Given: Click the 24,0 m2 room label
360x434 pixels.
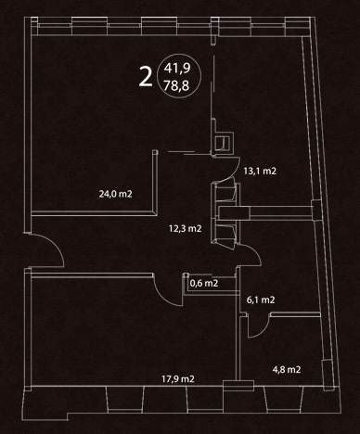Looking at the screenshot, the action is click(x=115, y=194).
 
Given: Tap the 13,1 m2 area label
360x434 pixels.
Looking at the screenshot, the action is click(x=260, y=171).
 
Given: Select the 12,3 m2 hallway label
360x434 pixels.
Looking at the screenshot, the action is click(x=186, y=229).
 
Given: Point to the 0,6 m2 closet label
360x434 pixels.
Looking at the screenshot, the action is click(x=204, y=283).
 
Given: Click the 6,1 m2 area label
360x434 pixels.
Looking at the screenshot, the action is click(x=261, y=300).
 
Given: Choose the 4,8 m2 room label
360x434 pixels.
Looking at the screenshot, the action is click(x=287, y=370).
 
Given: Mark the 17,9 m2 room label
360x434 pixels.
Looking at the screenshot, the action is click(x=178, y=379).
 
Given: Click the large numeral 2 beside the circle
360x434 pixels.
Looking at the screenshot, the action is click(x=146, y=77).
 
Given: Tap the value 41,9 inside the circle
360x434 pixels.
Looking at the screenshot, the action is click(x=177, y=68).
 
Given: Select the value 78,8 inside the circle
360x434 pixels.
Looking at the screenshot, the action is click(x=176, y=85).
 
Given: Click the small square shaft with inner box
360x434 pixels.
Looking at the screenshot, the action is click(x=225, y=143).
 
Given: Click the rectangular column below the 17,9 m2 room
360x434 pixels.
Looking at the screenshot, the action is click(x=238, y=386).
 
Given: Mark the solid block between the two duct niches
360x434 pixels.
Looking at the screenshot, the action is click(x=234, y=212).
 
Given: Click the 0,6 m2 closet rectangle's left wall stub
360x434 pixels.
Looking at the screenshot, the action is click(x=186, y=284).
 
